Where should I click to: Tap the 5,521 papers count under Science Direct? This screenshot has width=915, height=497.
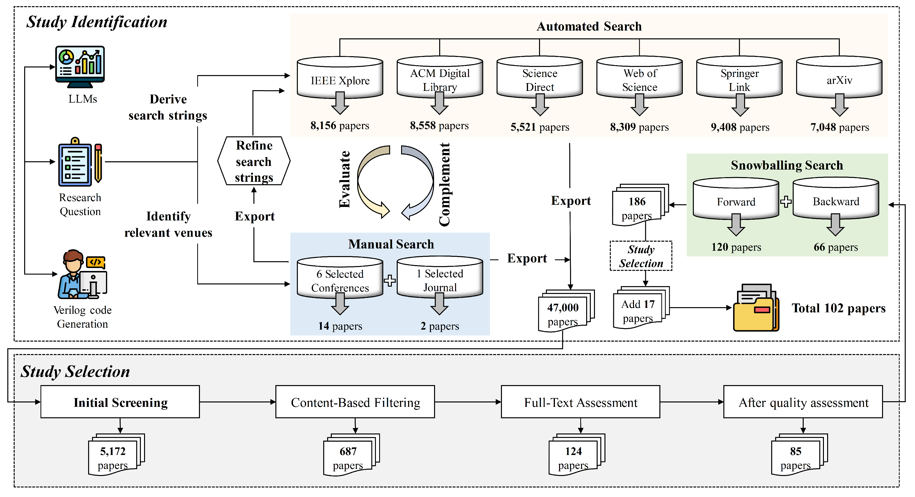(540, 127)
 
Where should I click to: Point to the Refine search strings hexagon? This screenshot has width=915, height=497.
(254, 161)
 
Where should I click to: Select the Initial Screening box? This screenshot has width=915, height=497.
(120, 402)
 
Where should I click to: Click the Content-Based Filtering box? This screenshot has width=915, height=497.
(355, 402)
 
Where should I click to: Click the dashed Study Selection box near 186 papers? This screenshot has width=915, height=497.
(641, 256)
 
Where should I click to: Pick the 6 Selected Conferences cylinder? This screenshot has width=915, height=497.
(340, 279)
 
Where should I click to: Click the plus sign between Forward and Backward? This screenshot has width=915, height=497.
(786, 202)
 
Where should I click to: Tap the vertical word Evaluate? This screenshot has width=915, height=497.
(344, 180)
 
